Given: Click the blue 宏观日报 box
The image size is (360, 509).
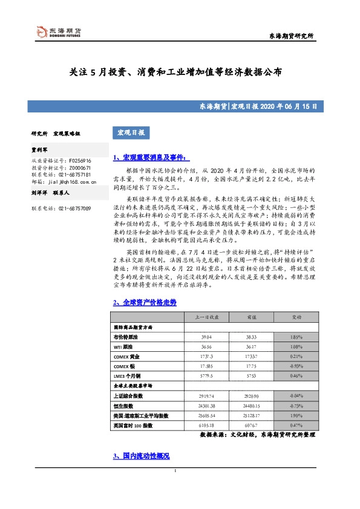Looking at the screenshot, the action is pyautogui.click(x=129, y=133).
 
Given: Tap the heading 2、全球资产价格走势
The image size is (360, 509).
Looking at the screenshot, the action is pyautogui.click(x=145, y=302).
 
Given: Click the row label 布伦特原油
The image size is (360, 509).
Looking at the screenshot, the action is pyautogui.click(x=126, y=337).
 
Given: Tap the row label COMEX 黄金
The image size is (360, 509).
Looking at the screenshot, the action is pyautogui.click(x=127, y=357).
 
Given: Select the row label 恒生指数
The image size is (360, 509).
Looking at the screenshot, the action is pyautogui.click(x=124, y=406).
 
